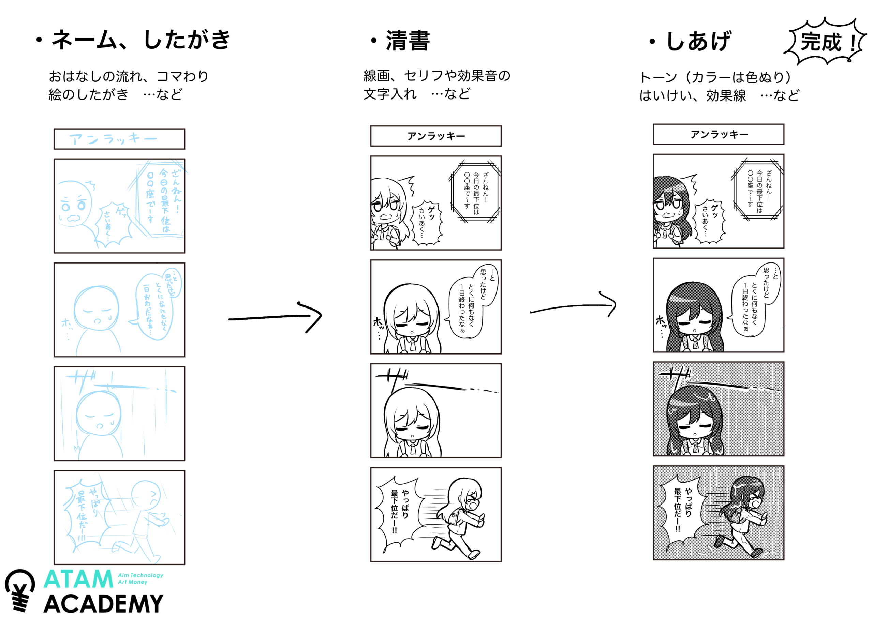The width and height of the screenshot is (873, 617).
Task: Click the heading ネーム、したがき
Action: coord(141,40)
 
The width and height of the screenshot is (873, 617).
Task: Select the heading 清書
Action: coord(407,41)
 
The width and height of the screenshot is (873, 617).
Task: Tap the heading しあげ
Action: coord(698,41)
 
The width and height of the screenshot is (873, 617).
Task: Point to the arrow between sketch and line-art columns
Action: coord(276,317)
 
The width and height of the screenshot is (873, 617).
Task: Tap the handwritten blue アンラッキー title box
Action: coord(119,139)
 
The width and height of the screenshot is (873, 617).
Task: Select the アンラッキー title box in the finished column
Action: coord(718,134)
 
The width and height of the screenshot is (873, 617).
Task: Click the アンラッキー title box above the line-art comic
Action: coord(436,136)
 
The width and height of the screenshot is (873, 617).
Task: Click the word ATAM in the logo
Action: coord(78,580)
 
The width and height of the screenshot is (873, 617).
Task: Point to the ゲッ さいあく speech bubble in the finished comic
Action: coord(710,221)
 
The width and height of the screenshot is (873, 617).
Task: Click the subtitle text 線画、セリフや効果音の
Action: coord(437,76)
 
